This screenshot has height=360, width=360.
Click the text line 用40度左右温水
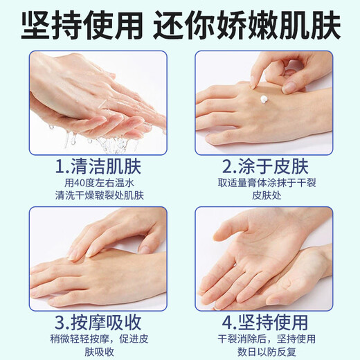(96, 183)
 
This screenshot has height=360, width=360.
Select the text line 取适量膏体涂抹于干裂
(263, 183)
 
